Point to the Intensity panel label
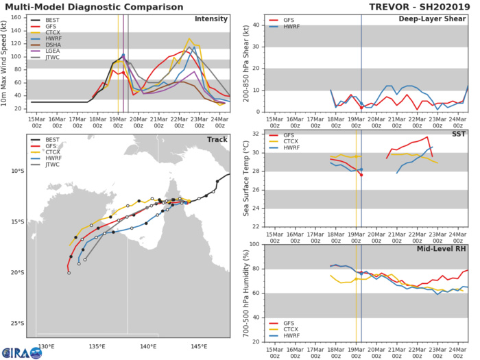(211, 19)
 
